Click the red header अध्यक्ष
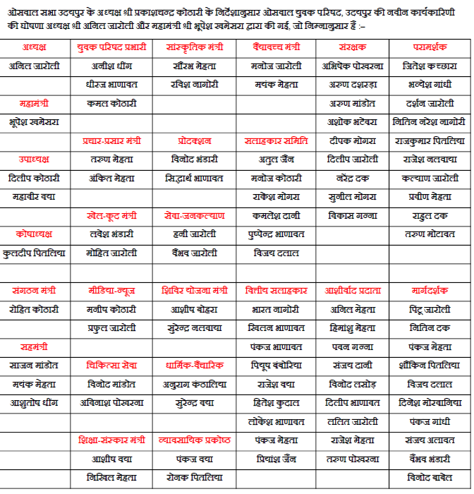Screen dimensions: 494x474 click(35, 47)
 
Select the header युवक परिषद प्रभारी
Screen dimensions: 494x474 click(111, 47)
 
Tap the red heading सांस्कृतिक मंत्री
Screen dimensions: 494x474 click(193, 47)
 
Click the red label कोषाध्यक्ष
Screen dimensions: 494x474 click(35, 234)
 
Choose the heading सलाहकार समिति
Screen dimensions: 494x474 click(276, 140)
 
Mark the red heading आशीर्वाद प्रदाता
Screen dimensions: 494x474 click(353, 290)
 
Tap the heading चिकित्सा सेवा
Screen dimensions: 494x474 click(111, 365)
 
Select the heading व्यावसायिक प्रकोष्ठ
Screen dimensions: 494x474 click(193, 440)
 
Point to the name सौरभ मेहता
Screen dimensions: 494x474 click(193, 66)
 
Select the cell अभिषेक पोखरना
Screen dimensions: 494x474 click(353, 66)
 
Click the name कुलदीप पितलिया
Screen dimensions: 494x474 click(35, 253)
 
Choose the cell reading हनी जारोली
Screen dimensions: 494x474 click(193, 234)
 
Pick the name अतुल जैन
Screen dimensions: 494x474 click(276, 159)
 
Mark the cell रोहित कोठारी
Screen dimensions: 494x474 click(35, 309)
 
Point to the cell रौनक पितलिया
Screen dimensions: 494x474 click(193, 477)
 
